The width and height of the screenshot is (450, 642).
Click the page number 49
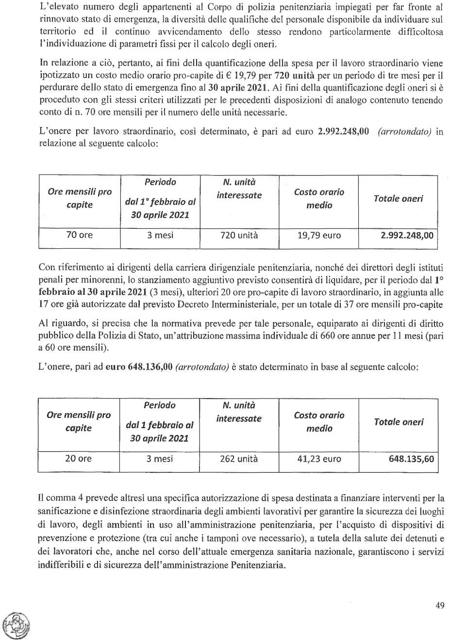click(x=440, y=605)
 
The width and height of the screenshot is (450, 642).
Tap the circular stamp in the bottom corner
click(x=16, y=625)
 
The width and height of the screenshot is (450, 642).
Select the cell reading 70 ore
click(x=79, y=235)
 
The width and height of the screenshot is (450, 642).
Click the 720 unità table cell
click(x=239, y=236)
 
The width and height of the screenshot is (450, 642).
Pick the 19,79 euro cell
click(x=319, y=236)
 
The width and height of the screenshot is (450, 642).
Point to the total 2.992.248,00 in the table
click(x=407, y=236)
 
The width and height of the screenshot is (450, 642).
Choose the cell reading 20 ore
click(x=78, y=459)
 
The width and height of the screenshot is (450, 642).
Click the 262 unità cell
click(x=238, y=459)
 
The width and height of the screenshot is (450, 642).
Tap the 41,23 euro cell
click(x=319, y=459)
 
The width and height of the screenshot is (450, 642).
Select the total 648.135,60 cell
click(x=411, y=459)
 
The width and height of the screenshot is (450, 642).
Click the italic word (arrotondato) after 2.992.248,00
click(x=404, y=131)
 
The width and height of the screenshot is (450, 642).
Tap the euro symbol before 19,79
click(x=229, y=76)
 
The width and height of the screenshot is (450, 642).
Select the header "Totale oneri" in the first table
click(x=398, y=199)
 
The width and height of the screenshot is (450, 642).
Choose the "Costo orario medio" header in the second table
click(x=319, y=422)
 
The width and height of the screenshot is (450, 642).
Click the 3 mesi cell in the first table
click(x=160, y=235)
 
